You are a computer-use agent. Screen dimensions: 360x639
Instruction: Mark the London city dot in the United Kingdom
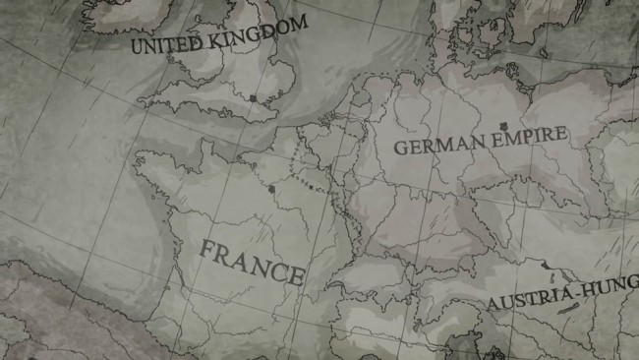pyautogui.click(x=254, y=98)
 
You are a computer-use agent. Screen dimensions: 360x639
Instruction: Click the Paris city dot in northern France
pyautogui.click(x=270, y=187)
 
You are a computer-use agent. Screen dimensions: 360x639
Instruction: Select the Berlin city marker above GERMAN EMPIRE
pyautogui.click(x=504, y=125)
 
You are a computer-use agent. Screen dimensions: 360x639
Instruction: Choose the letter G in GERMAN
pyautogui.click(x=399, y=150)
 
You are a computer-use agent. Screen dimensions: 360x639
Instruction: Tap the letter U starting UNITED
pyautogui.click(x=137, y=47)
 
